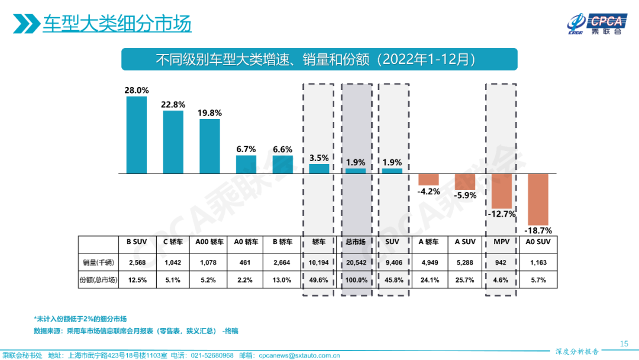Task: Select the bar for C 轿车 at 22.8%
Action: point(173,142)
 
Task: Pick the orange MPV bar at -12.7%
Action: point(502,190)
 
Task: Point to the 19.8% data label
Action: point(209,113)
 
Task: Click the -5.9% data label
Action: point(464,195)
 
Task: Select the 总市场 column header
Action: point(356,242)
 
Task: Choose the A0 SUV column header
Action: point(538,242)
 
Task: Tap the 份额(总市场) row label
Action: point(98,280)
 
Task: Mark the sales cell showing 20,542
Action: point(356,262)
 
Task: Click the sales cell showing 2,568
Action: point(137,262)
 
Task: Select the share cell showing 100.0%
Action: point(356,280)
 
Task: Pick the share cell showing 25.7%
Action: point(465,280)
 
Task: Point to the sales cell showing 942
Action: point(502,262)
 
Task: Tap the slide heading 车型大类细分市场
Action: point(117,24)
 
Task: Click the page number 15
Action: point(624,343)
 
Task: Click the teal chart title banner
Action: point(319,59)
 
